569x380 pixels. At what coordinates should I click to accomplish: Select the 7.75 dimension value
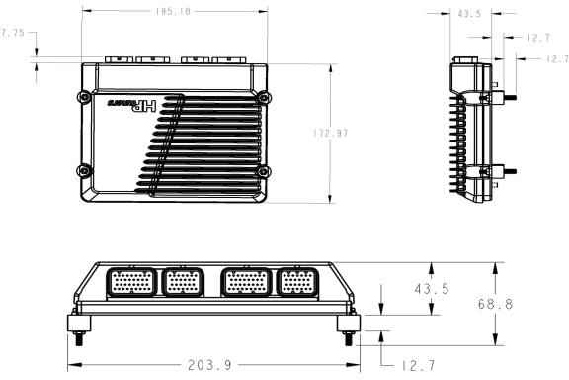click(13, 34)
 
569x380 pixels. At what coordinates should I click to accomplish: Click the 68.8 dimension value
click(524, 305)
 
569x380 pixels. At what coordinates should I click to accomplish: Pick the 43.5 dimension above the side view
click(456, 14)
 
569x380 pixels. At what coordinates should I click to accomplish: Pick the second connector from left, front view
click(184, 284)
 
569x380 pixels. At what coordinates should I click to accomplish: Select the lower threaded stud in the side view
click(511, 169)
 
